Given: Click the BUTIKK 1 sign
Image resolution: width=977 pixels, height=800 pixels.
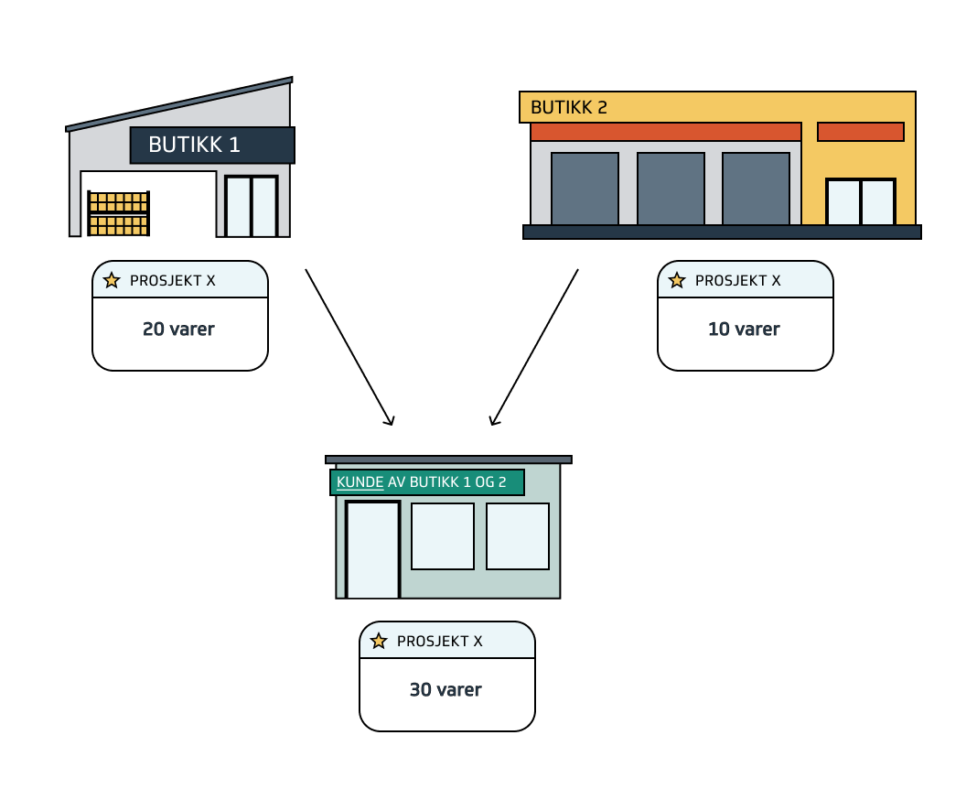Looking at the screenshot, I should (212, 145).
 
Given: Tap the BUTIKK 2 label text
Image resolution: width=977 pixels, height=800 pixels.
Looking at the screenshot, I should (568, 107).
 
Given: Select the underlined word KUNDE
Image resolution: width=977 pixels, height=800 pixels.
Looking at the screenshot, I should (360, 482).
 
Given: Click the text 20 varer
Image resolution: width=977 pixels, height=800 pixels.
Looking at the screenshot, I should (178, 330).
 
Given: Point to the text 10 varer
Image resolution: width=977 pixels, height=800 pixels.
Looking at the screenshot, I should (744, 330).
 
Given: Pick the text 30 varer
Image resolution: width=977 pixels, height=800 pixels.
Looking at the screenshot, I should (446, 690).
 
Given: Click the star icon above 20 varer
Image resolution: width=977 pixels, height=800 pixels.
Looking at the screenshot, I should (112, 280).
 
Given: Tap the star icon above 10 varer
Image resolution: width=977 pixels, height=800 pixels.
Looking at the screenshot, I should (677, 280).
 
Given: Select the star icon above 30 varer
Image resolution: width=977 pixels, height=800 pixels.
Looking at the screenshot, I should (379, 641).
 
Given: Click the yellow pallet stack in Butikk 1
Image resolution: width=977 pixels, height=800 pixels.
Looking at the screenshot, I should (118, 213).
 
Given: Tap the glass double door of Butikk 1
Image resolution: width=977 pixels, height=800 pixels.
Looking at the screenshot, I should (251, 206).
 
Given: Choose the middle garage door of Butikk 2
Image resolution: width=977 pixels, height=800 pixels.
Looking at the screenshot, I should (671, 189).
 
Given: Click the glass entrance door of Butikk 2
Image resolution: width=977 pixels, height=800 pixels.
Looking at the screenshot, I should (860, 201).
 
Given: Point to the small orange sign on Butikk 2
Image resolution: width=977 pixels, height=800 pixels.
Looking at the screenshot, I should (860, 132).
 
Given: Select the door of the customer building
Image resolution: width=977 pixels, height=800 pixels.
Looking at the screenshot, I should (372, 549).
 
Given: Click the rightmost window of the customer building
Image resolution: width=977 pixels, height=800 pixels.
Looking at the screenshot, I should (517, 535).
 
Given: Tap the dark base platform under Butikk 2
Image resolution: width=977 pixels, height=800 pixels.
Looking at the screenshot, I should (721, 232).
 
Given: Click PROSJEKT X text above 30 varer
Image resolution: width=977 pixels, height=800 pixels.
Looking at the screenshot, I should (439, 642).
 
